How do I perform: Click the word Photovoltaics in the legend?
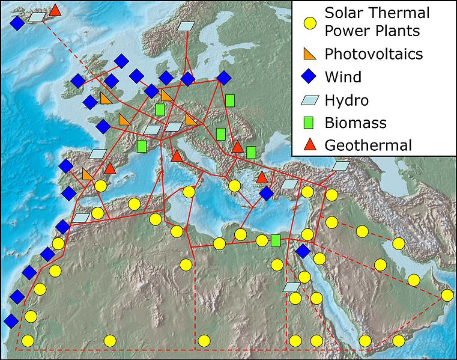coord(374,54)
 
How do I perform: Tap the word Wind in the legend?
coord(343,77)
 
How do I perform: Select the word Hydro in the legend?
coord(347,100)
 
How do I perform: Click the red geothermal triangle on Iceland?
coord(55,10)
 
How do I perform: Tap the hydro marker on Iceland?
coord(37,17)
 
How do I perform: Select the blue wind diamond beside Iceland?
coord(17,23)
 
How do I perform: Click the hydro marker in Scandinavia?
coord(187,26)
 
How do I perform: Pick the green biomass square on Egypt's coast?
coord(276,240)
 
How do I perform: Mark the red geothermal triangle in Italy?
coord(176,156)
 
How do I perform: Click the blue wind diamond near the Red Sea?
coord(303,251)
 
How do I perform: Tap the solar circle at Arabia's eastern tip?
coord(447,295)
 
